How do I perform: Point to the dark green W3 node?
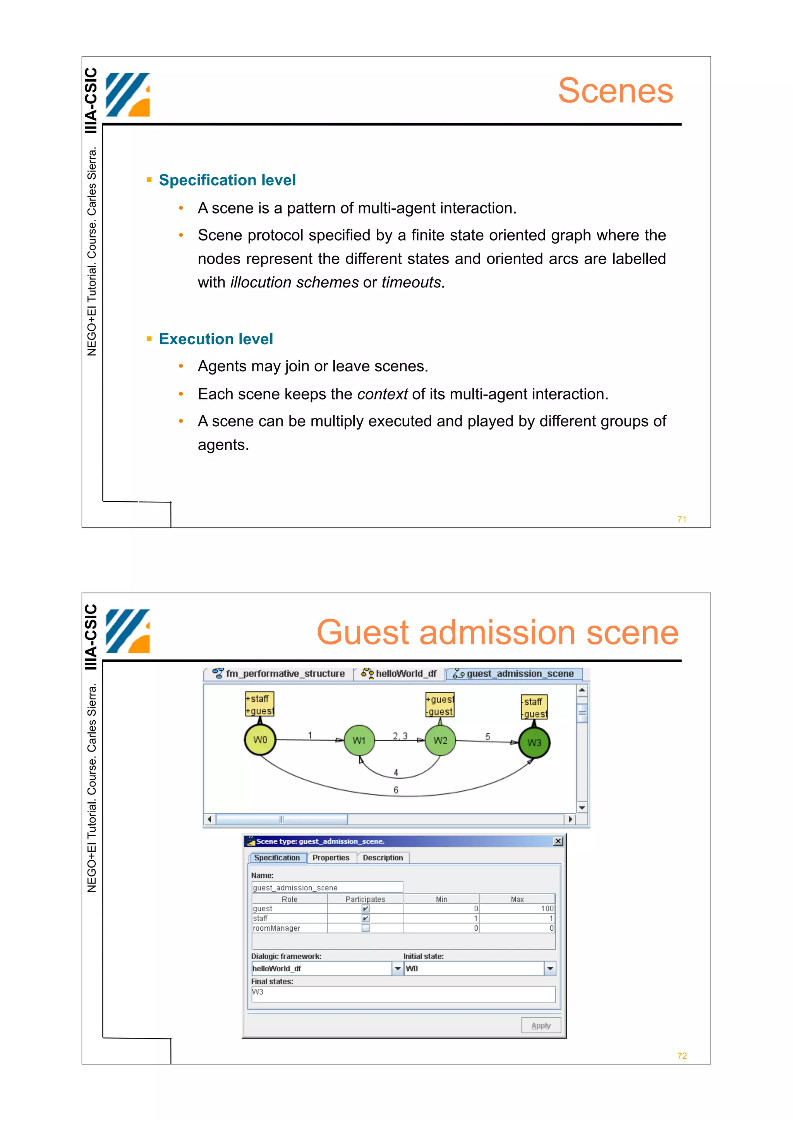(534, 743)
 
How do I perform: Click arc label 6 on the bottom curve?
(396, 790)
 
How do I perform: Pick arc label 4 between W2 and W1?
(396, 772)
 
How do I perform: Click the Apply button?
(541, 1025)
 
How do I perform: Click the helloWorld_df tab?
(400, 674)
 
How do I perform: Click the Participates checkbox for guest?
(366, 909)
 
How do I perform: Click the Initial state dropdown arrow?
(550, 968)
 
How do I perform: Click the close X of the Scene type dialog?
(558, 841)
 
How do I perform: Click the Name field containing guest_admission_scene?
(327, 887)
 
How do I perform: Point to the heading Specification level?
(227, 180)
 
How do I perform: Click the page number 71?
(681, 519)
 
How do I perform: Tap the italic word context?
(382, 394)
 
